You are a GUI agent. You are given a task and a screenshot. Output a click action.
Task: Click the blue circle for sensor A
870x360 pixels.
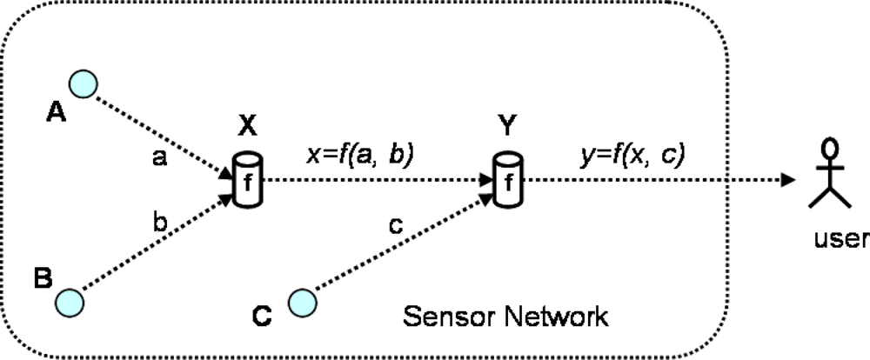click(x=84, y=83)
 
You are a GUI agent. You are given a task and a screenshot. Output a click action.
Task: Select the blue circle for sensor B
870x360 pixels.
click(x=70, y=302)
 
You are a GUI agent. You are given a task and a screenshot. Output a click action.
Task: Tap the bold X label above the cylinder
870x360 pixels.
click(x=247, y=127)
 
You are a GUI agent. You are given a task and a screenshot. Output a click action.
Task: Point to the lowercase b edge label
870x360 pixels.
click(x=159, y=223)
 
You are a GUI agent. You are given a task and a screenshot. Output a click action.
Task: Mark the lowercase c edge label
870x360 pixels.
click(x=396, y=225)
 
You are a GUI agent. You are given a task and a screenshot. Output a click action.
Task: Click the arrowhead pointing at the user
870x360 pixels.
click(x=787, y=181)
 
